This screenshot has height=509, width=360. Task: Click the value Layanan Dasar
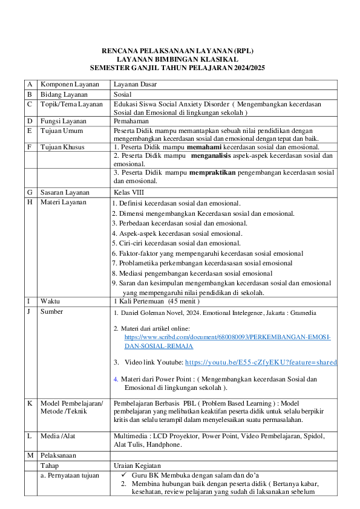[x=135, y=85]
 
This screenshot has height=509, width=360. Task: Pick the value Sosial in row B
[x=123, y=94]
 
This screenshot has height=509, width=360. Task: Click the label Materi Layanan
[x=64, y=202]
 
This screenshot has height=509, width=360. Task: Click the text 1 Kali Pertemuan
[x=139, y=300]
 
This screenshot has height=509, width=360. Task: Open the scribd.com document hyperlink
[x=227, y=337]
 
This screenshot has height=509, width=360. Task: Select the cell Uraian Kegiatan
[x=136, y=465]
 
